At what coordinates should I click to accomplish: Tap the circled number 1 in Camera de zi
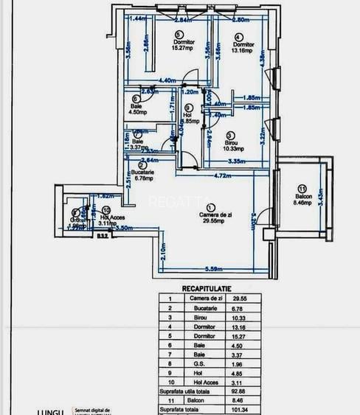click(212, 209)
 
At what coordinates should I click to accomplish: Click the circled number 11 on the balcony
click(302, 188)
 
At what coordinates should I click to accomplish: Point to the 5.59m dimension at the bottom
click(215, 268)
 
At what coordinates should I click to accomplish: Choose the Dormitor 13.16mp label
click(243, 47)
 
